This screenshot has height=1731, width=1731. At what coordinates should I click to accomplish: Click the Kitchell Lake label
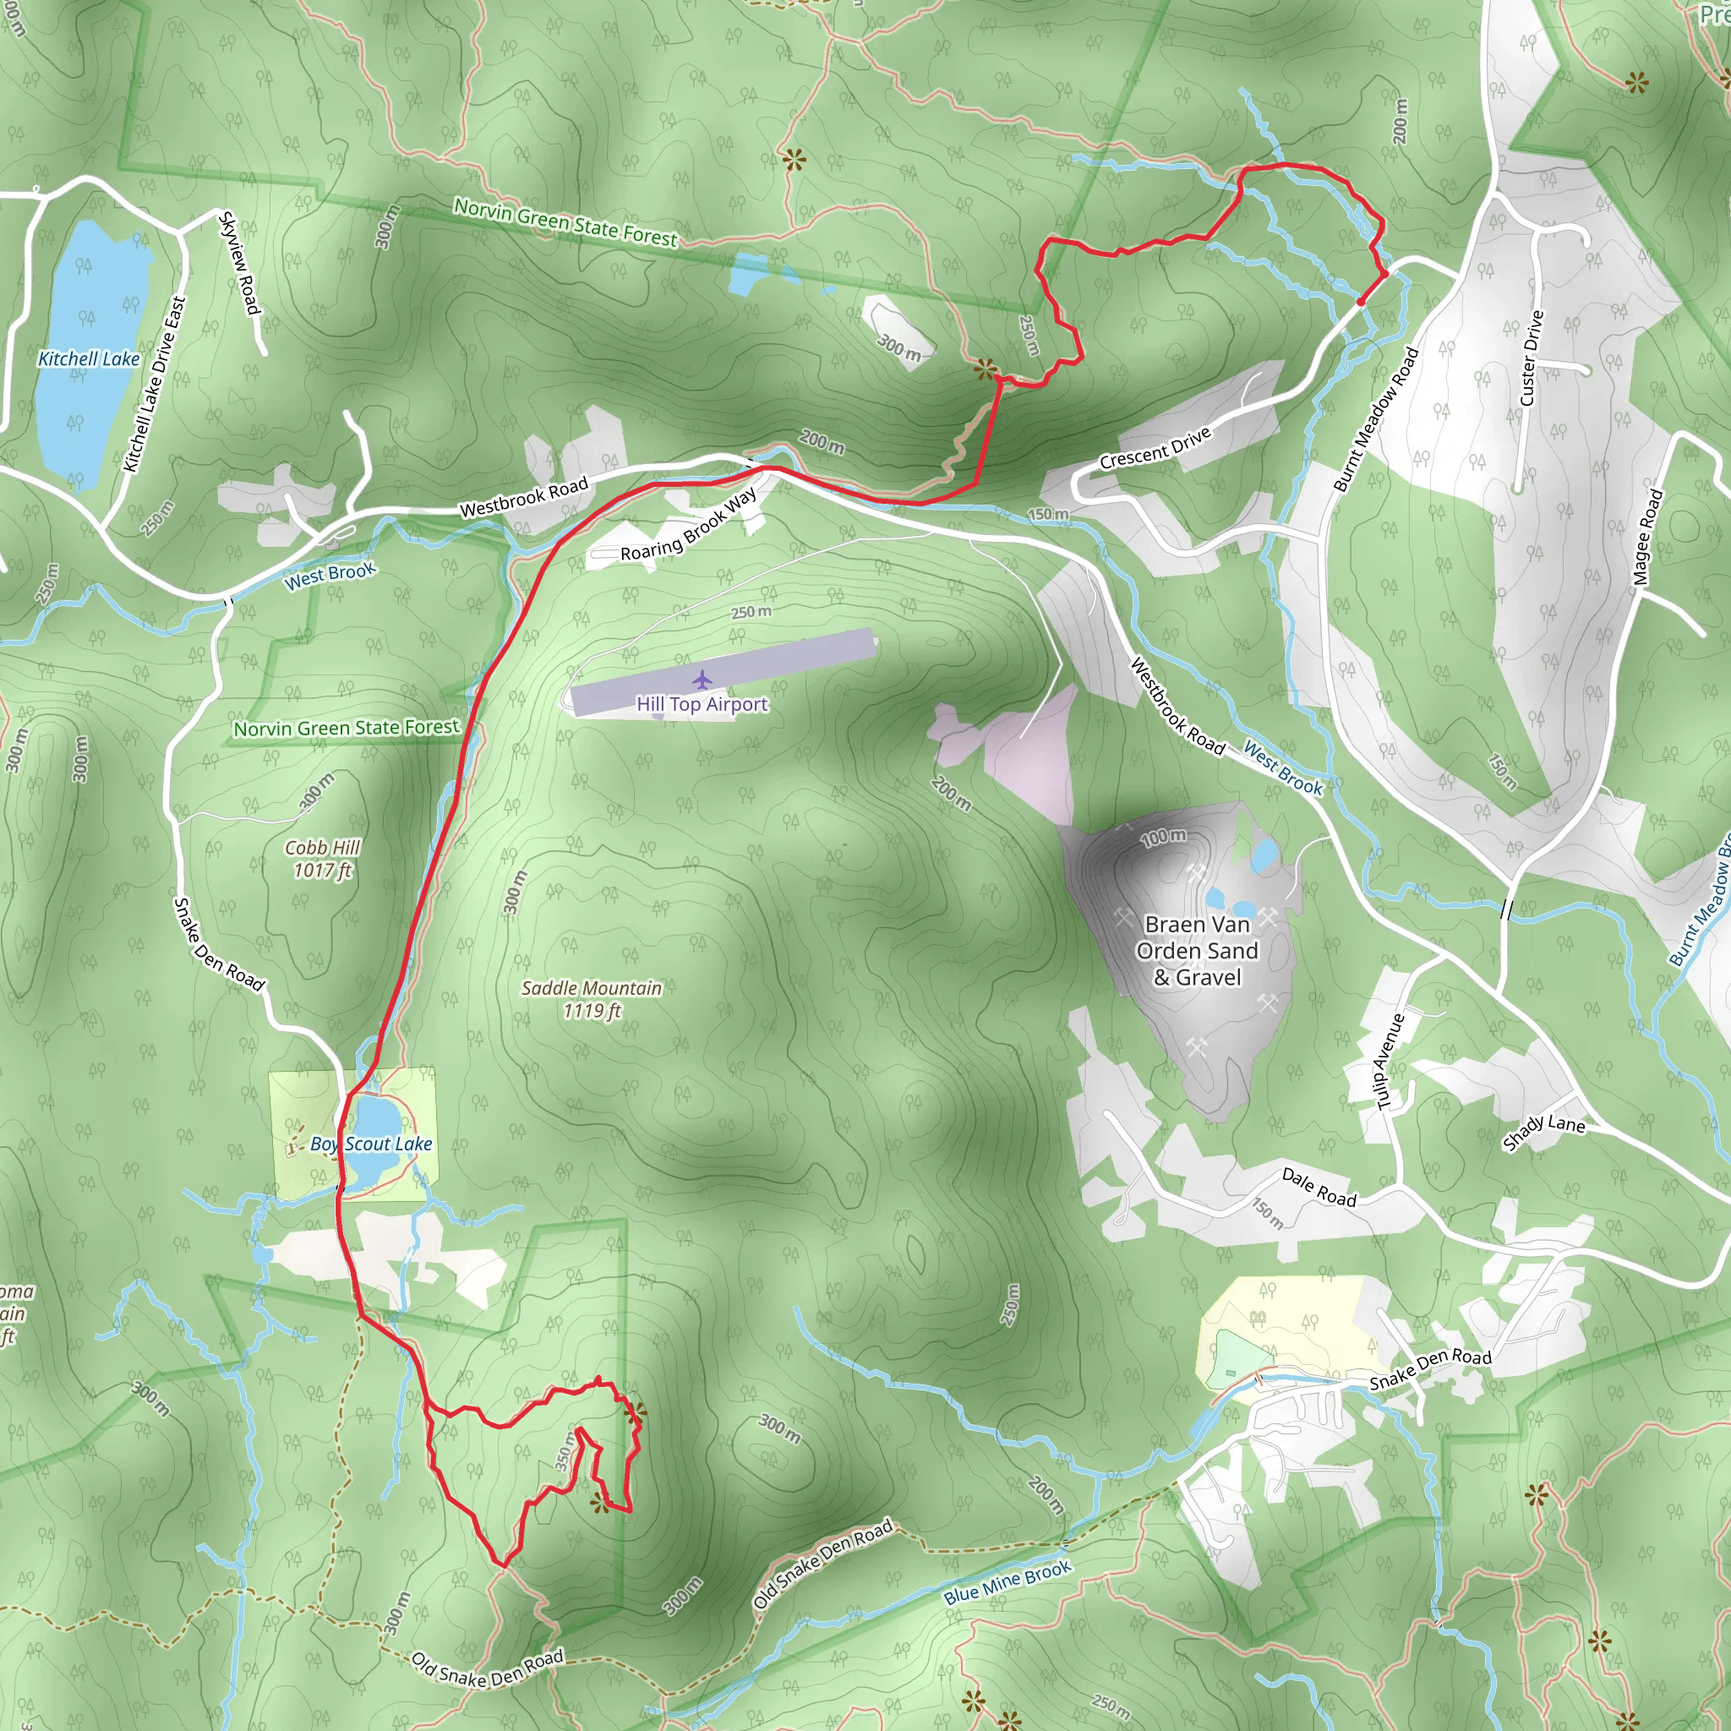pos(89,359)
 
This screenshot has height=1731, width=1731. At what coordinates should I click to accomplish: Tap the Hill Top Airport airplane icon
pos(702,680)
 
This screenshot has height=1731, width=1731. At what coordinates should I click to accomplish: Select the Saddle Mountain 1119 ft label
pos(592,999)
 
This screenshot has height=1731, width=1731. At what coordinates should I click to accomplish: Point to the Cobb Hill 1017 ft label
pos(323,859)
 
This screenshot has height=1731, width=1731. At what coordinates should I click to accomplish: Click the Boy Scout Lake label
pos(371,1144)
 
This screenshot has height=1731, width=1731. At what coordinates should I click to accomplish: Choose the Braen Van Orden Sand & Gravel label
pos(1197,951)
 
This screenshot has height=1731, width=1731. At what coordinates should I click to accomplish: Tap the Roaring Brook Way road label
pos(688,526)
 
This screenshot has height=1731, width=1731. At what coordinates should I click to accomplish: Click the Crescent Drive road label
pos(1155,447)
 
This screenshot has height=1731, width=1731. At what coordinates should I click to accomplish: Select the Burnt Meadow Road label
pos(1376,419)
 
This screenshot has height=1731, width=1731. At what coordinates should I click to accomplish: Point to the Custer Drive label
pos(1532,358)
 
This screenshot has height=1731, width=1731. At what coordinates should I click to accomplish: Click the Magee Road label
pos(1647,537)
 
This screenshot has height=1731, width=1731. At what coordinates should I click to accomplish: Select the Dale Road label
pos(1319,1188)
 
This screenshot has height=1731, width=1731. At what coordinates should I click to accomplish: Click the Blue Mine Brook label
pos(1007,1583)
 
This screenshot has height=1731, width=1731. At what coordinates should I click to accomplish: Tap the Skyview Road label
pos(240,264)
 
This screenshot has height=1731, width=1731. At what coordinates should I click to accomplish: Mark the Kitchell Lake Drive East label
pos(155,385)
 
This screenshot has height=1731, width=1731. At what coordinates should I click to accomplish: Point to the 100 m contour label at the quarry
pos(1163,838)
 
